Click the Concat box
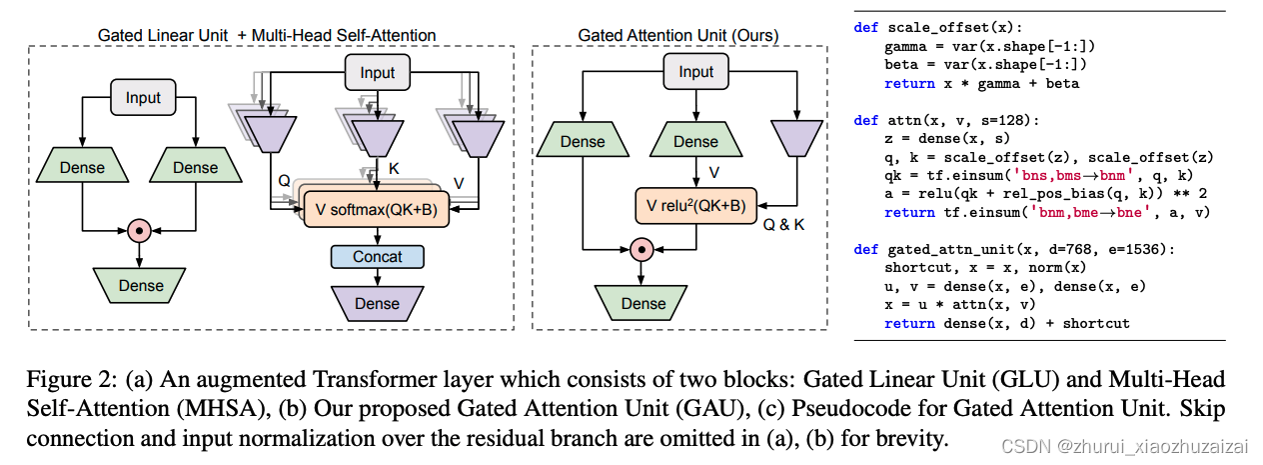[x=377, y=257]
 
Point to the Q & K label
[x=783, y=224]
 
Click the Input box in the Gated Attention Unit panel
[x=695, y=72]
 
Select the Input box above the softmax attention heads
[x=377, y=72]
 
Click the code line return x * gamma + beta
[x=981, y=83]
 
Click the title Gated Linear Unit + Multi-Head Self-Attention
[x=267, y=35]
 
